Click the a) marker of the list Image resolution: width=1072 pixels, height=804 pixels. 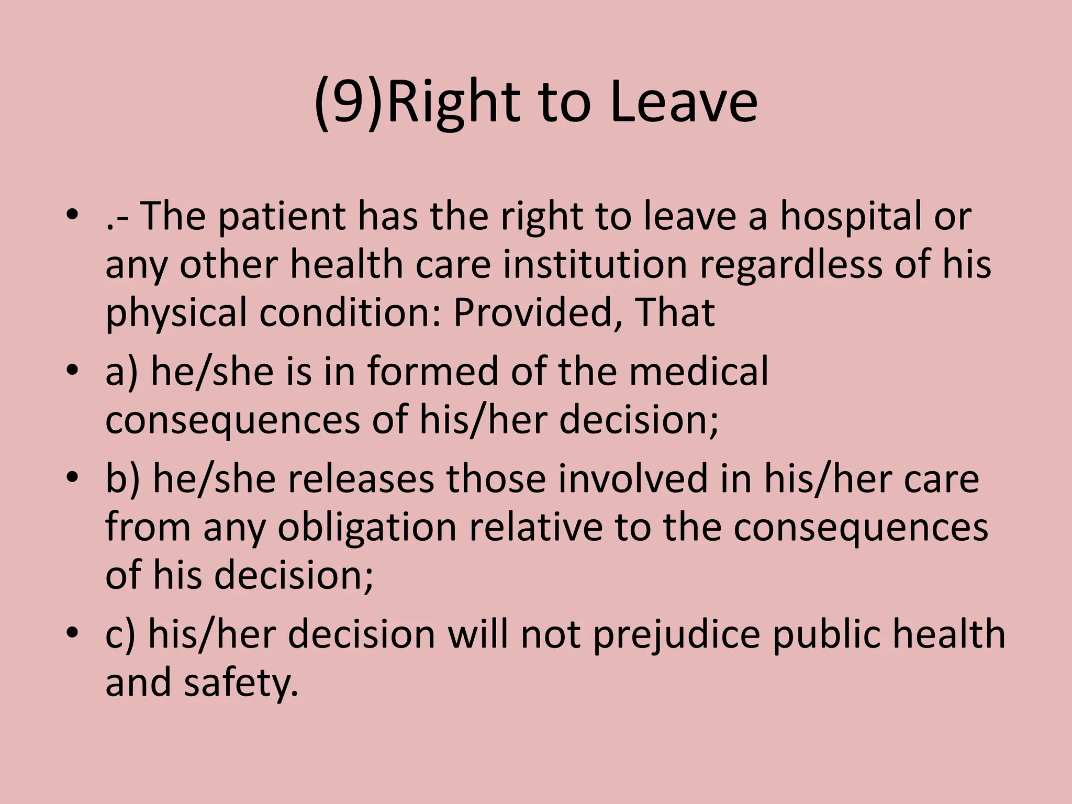[121, 371]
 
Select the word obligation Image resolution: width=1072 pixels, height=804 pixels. [367, 527]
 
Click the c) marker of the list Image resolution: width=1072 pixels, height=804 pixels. [120, 634]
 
